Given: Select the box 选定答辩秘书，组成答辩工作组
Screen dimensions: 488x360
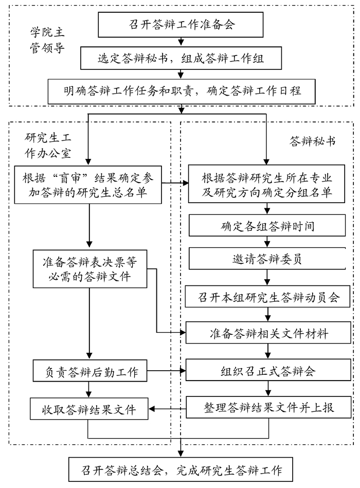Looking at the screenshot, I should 181,58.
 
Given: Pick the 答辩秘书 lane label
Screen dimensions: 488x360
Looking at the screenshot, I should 312,140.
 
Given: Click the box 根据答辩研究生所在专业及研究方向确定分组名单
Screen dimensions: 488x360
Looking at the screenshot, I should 266,185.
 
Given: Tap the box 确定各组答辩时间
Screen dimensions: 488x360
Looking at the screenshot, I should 266,226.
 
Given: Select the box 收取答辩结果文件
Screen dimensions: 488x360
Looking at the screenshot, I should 89,410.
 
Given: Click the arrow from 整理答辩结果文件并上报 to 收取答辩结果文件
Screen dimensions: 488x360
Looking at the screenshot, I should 168,409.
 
